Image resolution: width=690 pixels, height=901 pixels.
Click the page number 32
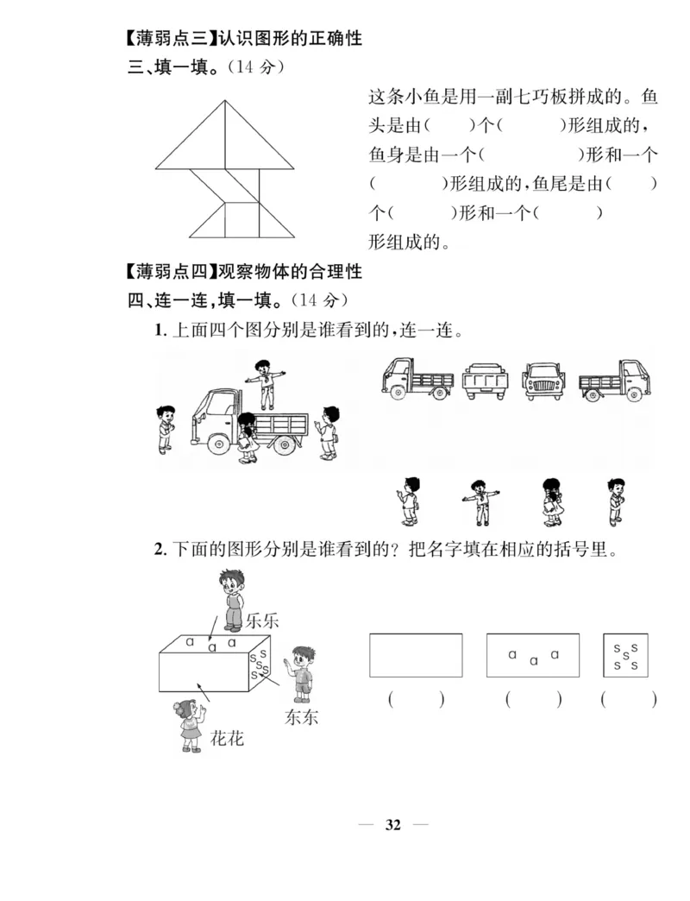pyautogui.click(x=393, y=825)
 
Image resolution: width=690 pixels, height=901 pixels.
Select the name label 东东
pyautogui.click(x=301, y=716)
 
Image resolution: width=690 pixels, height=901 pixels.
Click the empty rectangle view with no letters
pyautogui.click(x=416, y=655)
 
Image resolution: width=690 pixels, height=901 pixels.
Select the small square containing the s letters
pyautogui.click(x=625, y=655)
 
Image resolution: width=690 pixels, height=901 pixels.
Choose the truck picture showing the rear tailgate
pyautogui.click(x=486, y=380)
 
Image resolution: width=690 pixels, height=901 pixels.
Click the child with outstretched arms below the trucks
pyautogui.click(x=476, y=501)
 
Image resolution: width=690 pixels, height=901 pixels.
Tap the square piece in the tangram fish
pyautogui.click(x=242, y=219)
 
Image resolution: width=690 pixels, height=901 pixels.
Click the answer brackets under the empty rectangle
pyautogui.click(x=416, y=700)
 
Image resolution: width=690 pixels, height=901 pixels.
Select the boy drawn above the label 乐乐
pyautogui.click(x=230, y=600)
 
